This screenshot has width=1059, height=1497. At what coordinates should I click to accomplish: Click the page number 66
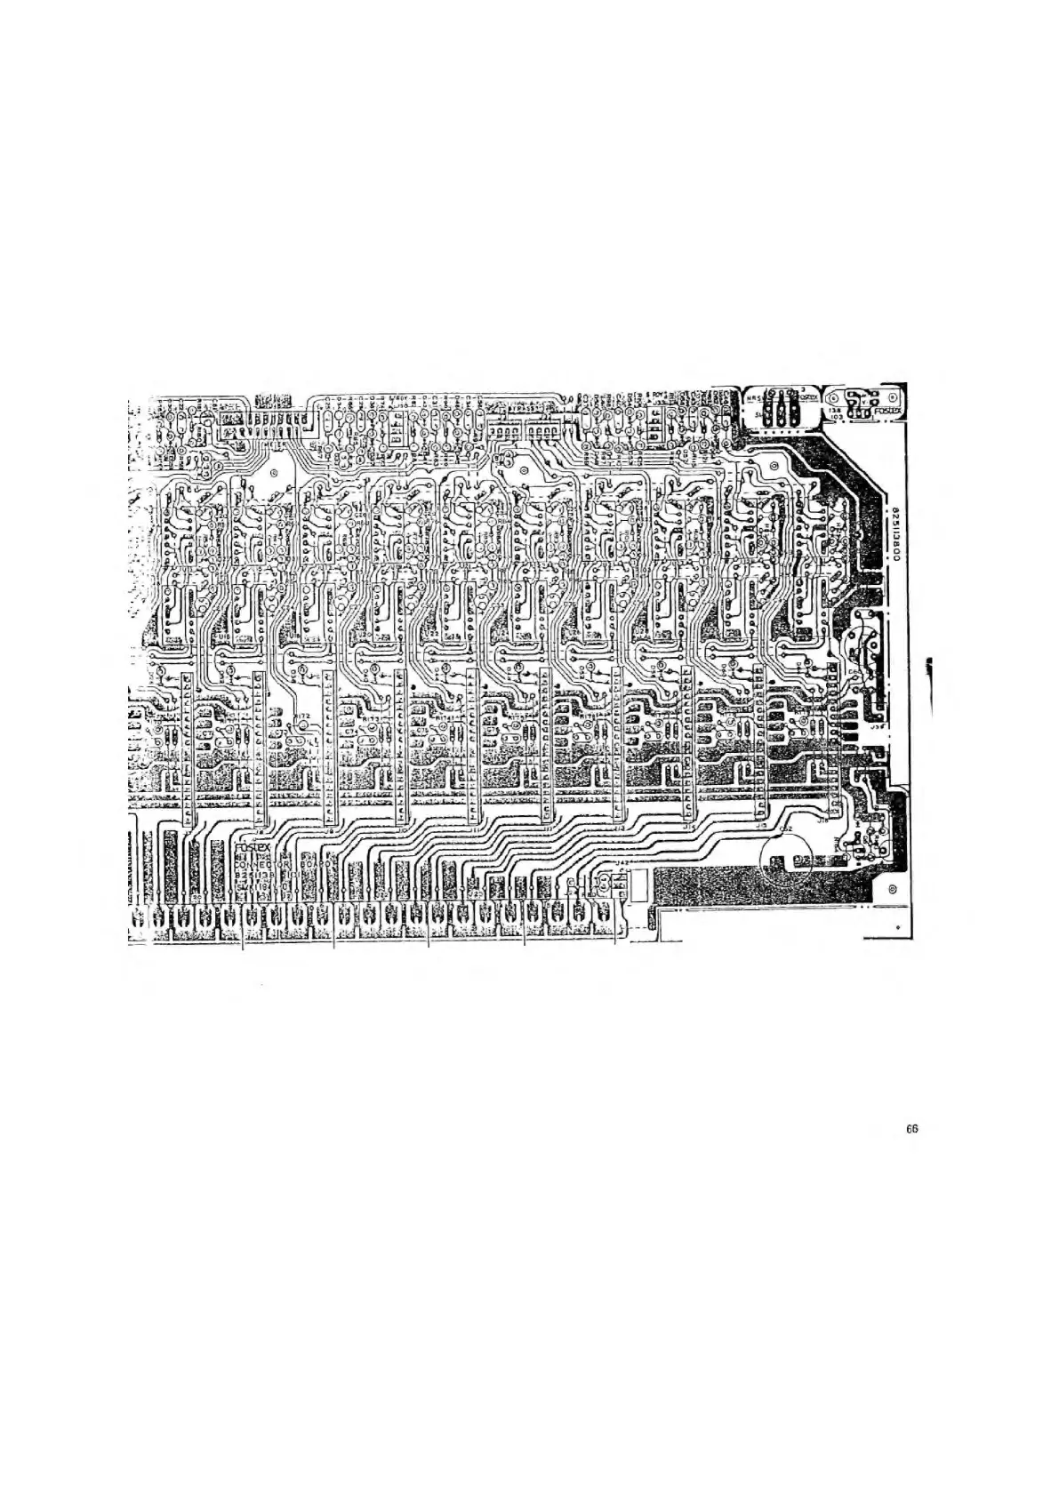coord(911,1129)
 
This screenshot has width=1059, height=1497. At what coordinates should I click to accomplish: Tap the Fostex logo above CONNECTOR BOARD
coord(253,848)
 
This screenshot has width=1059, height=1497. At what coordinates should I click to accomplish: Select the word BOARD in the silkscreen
coord(315,862)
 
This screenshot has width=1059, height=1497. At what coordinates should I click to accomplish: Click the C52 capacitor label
coord(784,829)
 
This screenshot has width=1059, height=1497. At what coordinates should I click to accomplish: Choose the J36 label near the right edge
coord(875,725)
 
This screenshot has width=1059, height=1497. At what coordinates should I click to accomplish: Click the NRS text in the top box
coord(751,396)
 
